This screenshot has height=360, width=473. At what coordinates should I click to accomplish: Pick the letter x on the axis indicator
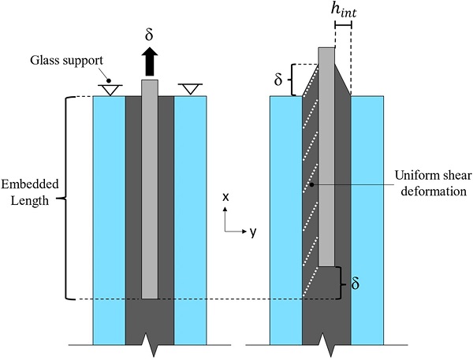(x=226, y=198)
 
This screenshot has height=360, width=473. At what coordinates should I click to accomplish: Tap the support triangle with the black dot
(x=110, y=88)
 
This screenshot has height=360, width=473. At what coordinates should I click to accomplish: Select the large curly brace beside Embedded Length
(x=68, y=197)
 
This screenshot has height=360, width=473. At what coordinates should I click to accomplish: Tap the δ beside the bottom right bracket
(x=354, y=283)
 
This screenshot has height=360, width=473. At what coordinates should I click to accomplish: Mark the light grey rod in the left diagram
(x=150, y=189)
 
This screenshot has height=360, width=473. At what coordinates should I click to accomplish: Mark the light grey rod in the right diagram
(x=327, y=158)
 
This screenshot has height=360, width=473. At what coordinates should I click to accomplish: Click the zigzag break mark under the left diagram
(x=150, y=340)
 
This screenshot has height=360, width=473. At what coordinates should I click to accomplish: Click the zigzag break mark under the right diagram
(x=327, y=340)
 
